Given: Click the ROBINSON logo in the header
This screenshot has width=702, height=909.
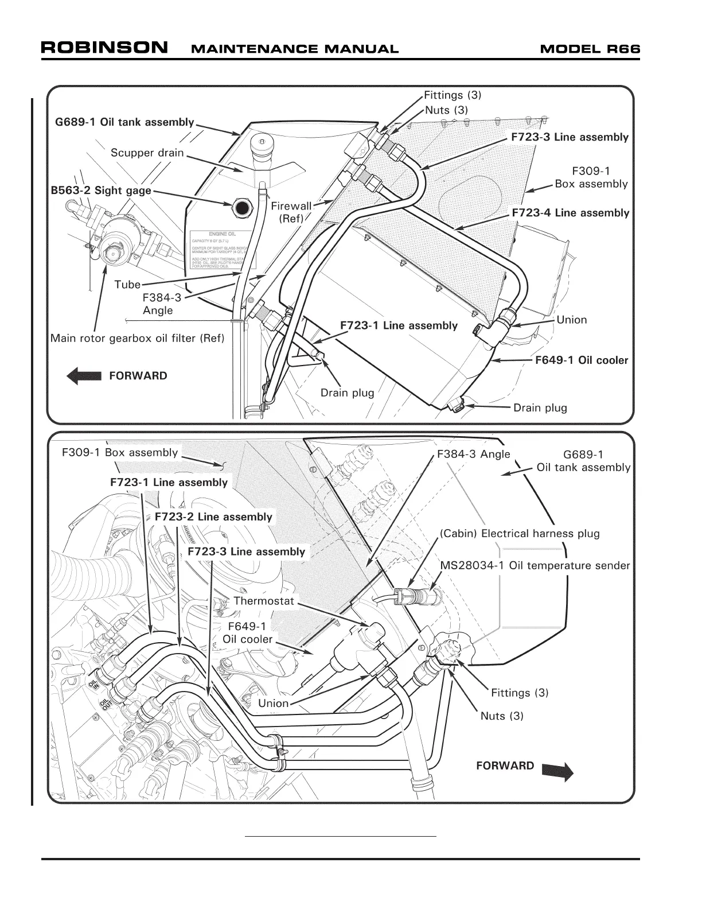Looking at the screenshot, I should (x=104, y=48).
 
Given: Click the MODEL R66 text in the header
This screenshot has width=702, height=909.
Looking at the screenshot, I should (x=590, y=49).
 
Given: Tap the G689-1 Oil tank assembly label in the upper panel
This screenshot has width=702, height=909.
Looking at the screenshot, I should (x=124, y=122).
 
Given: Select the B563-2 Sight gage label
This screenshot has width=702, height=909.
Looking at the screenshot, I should (x=101, y=191).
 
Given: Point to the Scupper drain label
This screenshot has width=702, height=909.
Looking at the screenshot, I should (x=147, y=153).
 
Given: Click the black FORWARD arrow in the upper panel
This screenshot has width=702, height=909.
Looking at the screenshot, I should (x=85, y=376).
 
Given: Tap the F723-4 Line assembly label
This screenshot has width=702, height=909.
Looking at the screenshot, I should (x=570, y=213).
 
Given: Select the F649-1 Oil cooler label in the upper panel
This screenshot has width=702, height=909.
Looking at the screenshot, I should (x=582, y=360).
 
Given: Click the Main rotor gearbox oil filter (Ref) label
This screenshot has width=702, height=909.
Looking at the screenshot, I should (x=137, y=338).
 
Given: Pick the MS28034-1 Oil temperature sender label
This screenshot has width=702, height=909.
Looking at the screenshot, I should (x=535, y=566).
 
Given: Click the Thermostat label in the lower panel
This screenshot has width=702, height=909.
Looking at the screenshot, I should (x=264, y=601).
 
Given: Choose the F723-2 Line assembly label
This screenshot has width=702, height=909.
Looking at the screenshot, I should (x=213, y=516).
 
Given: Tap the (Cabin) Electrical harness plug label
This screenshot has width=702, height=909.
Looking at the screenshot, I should (x=520, y=534).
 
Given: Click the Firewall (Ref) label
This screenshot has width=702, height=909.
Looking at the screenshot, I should (x=291, y=212).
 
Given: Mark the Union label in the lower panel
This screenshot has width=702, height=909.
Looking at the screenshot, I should (x=274, y=703).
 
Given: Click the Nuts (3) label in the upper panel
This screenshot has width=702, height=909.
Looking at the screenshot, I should (x=446, y=110).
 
